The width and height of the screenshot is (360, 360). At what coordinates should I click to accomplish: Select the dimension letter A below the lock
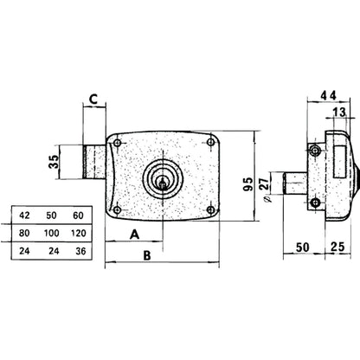pos(134,234)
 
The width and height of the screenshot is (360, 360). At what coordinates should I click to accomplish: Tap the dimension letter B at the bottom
pos(147,255)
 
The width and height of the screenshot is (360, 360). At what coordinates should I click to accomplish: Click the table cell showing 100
pos(53,233)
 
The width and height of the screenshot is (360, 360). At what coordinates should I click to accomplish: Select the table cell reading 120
pos(79,233)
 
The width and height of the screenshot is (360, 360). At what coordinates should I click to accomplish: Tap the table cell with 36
pos(79,251)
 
